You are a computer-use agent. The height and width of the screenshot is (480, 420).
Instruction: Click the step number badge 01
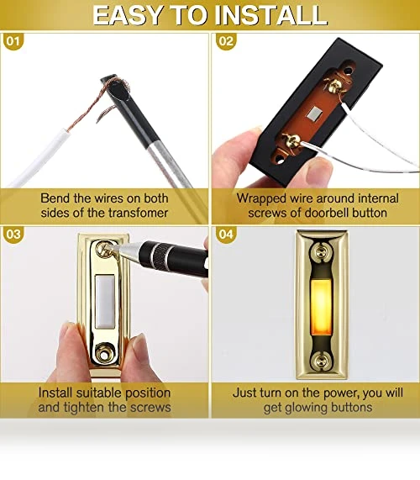coord(13,41)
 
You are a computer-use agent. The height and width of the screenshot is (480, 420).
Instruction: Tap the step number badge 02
coord(226,41)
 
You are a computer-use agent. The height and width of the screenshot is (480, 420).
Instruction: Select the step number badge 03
coord(13,235)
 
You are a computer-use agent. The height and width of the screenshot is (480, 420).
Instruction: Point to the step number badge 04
coord(226,235)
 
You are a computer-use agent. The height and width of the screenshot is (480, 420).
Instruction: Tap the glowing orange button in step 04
coord(321,309)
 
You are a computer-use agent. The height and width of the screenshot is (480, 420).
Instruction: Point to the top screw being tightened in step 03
coord(105,248)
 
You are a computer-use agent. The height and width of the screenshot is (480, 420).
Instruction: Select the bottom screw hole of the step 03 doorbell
coord(104,355)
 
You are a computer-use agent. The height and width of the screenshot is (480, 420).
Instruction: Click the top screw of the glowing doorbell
coord(320,252)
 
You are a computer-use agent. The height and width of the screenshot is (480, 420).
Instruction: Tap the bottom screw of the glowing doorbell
coord(320,361)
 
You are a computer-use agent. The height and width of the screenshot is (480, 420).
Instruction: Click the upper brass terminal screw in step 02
coord(333,85)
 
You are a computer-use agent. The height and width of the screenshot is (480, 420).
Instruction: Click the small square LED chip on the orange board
coord(314,113)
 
